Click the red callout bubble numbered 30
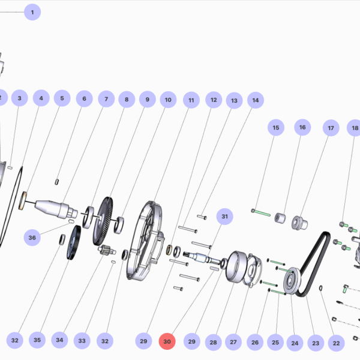click(x=167, y=341)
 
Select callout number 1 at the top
click(x=32, y=12)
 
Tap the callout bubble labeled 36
click(x=32, y=238)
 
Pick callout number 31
click(x=224, y=217)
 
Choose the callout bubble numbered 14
click(x=256, y=100)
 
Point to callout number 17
click(x=331, y=128)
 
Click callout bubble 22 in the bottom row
click(x=337, y=343)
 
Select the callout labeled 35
click(x=37, y=340)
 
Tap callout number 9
click(x=148, y=100)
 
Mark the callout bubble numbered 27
click(x=233, y=342)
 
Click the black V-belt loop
click(x=313, y=264)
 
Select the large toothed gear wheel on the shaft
click(x=103, y=221)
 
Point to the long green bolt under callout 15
click(x=261, y=213)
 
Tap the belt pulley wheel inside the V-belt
click(x=292, y=281)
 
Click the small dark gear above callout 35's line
click(x=74, y=242)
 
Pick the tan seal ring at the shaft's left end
click(x=23, y=201)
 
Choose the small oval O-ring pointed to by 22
click(x=321, y=288)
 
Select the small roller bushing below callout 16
click(x=280, y=218)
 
